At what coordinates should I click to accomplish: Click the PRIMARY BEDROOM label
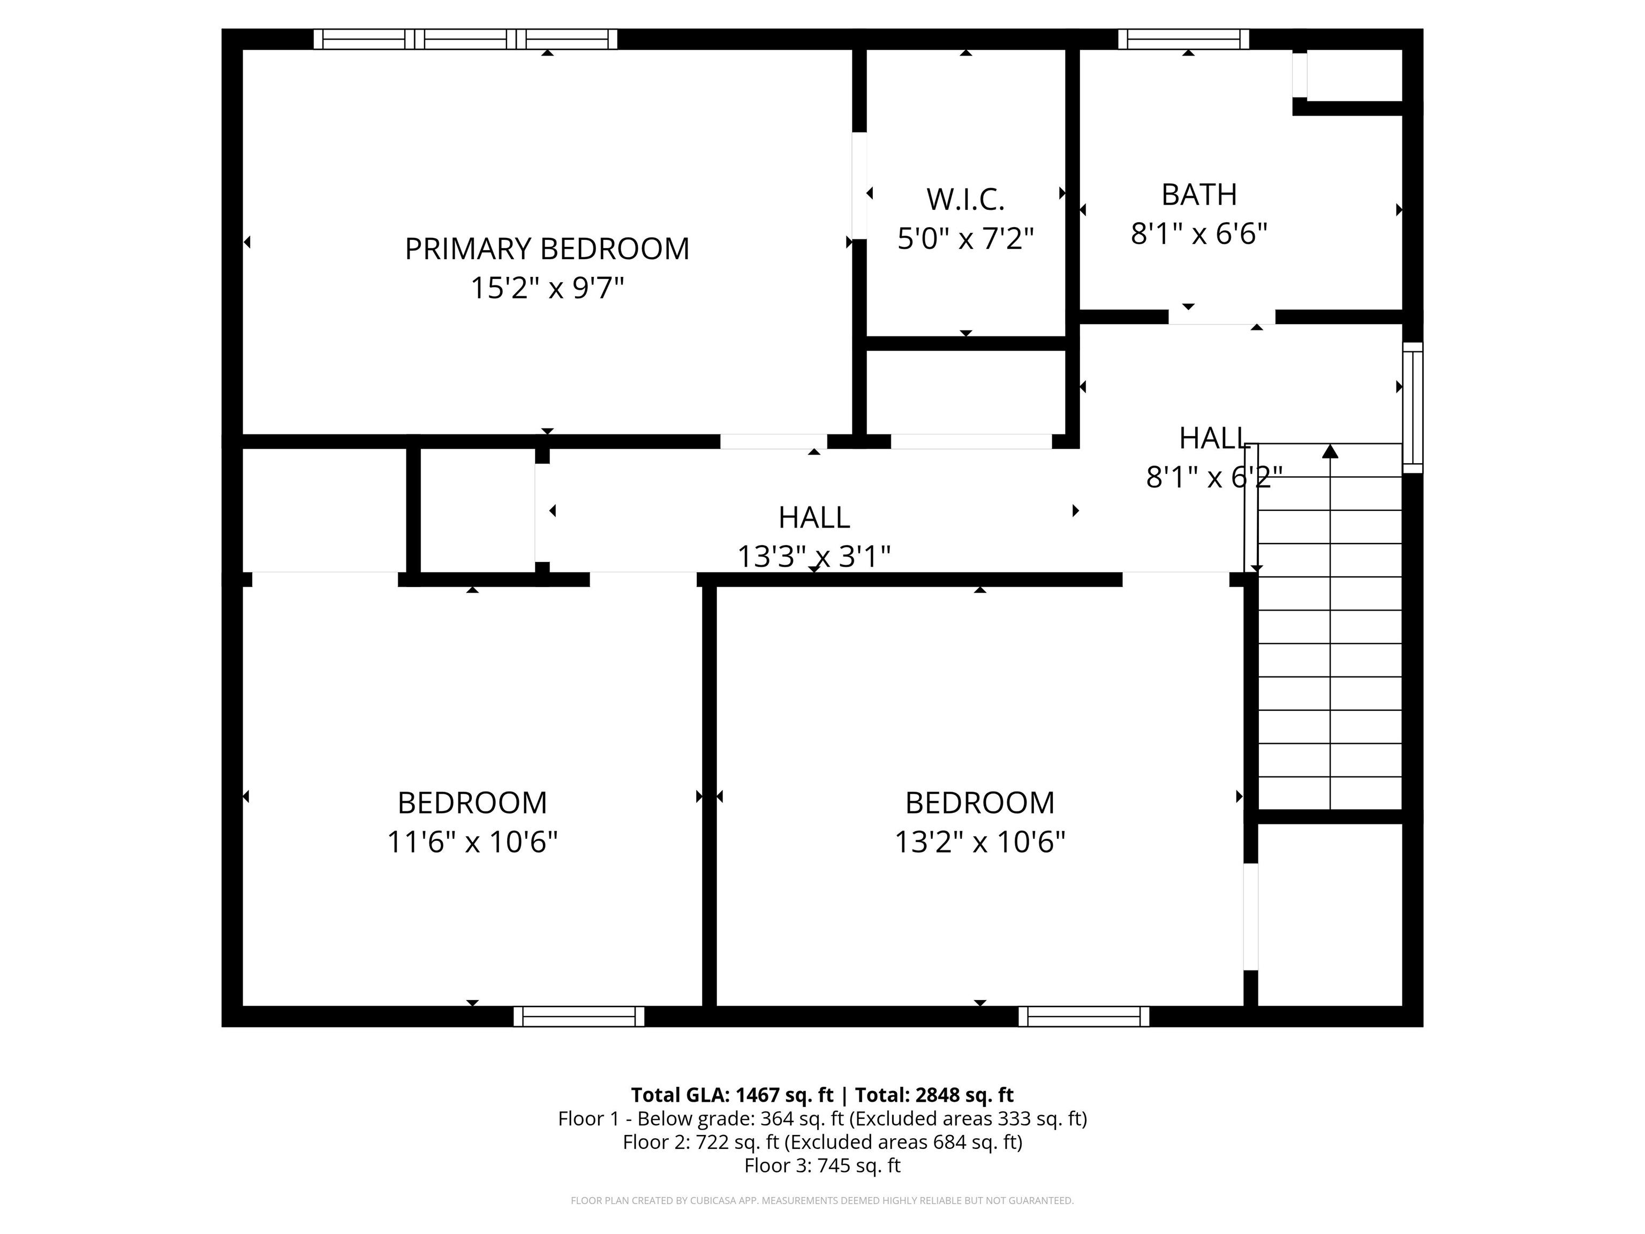[547, 249]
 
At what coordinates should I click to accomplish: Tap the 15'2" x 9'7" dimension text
[547, 288]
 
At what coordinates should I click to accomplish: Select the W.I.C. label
[965, 199]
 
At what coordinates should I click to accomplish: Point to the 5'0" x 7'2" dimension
[965, 239]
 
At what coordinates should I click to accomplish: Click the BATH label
[1199, 195]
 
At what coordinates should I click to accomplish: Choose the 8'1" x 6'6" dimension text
[1199, 234]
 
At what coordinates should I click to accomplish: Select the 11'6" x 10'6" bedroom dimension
[472, 842]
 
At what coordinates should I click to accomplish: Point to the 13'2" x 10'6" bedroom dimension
[979, 842]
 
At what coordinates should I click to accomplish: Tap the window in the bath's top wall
[1183, 39]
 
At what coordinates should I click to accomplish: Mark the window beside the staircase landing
[1412, 408]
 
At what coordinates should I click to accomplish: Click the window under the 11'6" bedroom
[578, 1016]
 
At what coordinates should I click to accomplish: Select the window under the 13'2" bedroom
[1083, 1016]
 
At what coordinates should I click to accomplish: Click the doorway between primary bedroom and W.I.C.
[859, 186]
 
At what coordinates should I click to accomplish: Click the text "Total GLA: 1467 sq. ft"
[732, 1095]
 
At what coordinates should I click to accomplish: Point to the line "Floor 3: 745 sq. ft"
[822, 1165]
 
